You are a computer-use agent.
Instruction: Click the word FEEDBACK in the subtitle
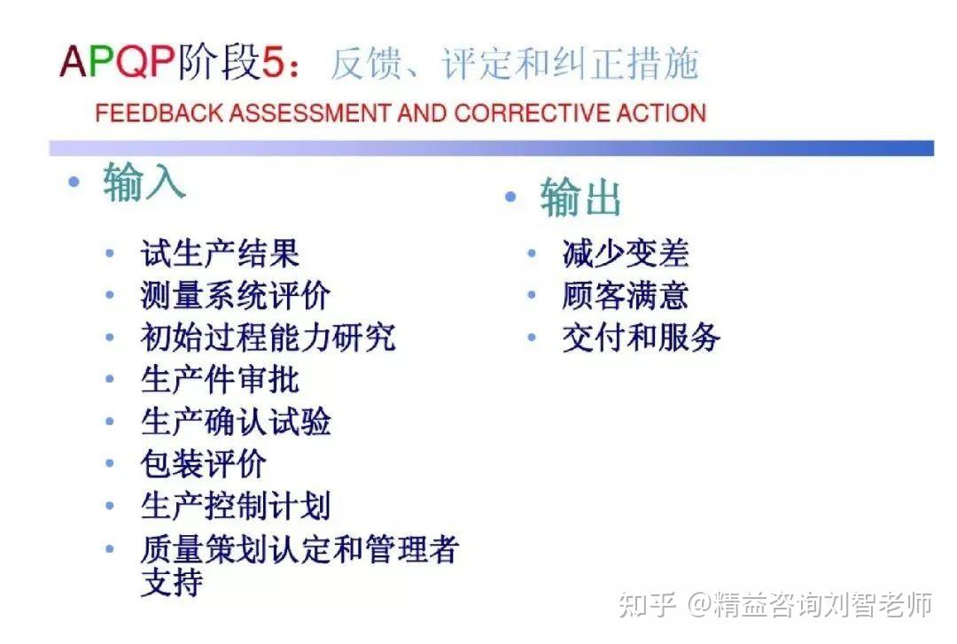click(x=159, y=113)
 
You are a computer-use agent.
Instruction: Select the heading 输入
click(x=144, y=182)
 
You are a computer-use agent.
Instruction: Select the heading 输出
click(x=580, y=197)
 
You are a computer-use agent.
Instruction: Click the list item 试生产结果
click(x=220, y=252)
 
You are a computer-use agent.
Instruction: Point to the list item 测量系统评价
click(x=236, y=295)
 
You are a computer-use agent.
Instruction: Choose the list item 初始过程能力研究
click(x=268, y=337)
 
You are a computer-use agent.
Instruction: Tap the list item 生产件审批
click(x=220, y=379)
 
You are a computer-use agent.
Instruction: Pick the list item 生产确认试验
click(x=236, y=421)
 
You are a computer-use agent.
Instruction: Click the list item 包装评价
click(x=203, y=463)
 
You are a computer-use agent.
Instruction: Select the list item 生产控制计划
click(x=236, y=506)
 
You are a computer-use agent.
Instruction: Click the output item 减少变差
click(x=626, y=252)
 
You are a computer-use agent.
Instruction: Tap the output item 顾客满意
click(x=626, y=295)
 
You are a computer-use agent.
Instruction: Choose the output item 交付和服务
click(x=642, y=337)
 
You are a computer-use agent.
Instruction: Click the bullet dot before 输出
click(x=511, y=197)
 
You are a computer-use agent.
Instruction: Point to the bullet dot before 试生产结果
click(x=110, y=252)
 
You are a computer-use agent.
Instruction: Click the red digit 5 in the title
click(x=273, y=62)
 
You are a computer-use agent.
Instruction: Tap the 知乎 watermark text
click(x=647, y=604)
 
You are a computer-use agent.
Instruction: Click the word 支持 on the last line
click(x=172, y=582)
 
